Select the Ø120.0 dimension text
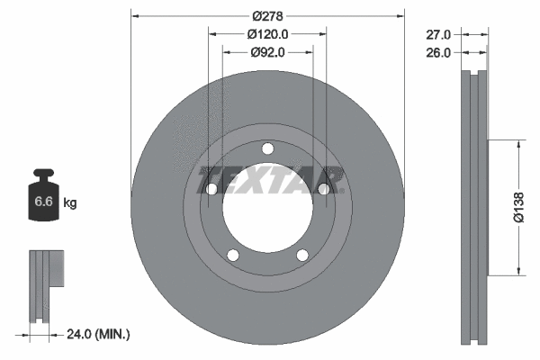[x=266, y=34]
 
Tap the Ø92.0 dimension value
[x=266, y=52]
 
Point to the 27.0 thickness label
[x=437, y=34]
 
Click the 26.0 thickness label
[x=437, y=52]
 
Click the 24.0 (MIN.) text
[x=99, y=335]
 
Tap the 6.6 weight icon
[x=42, y=201]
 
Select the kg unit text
[x=70, y=203]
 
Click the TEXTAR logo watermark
[x=270, y=179]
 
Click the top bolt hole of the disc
[x=267, y=149]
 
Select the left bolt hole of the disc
[x=212, y=189]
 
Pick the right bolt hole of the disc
[x=323, y=188]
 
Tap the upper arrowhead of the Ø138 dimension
[x=519, y=145]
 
